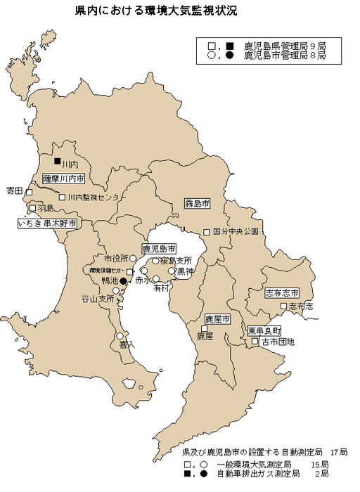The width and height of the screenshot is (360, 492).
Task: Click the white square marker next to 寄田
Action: (x=29, y=191)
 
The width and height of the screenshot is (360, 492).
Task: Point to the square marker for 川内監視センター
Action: (x=61, y=198)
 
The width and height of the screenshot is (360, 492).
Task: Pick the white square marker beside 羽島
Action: (x=32, y=208)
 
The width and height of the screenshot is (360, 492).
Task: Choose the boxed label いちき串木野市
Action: (x=47, y=223)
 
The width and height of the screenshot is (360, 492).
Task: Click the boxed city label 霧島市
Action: (x=198, y=204)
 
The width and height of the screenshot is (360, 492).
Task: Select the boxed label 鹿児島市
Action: (x=159, y=249)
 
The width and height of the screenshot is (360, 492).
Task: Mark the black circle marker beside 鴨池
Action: (x=122, y=281)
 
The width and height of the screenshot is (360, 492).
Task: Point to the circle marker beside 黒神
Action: (x=171, y=270)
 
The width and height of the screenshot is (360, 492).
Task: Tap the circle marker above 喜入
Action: (x=120, y=336)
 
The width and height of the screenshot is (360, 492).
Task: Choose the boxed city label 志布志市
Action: (x=282, y=292)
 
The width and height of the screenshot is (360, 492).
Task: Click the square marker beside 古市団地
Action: (x=256, y=342)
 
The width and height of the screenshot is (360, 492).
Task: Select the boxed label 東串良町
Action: (x=264, y=330)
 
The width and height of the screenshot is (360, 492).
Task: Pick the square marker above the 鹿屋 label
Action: (x=204, y=328)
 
